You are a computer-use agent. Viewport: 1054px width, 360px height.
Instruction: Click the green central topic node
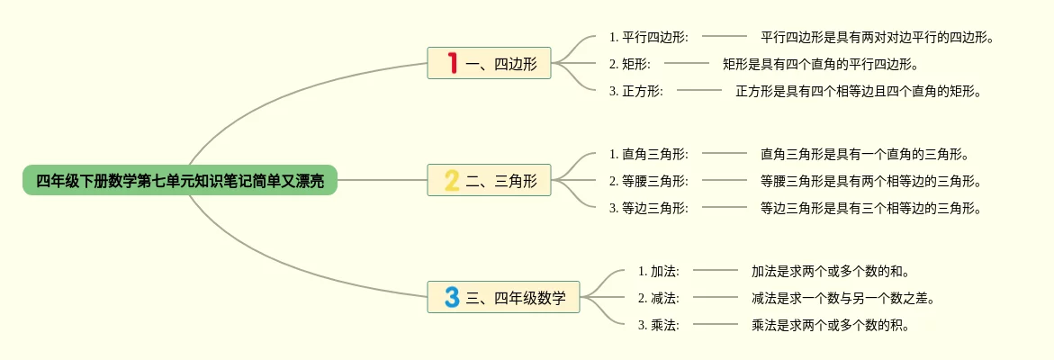pyautogui.click(x=180, y=180)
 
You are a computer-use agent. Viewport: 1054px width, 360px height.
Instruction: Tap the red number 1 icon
pyautogui.click(x=452, y=63)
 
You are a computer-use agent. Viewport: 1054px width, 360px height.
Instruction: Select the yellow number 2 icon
pyautogui.click(x=452, y=180)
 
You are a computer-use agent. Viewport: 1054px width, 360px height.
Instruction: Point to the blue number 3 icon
pyautogui.click(x=452, y=297)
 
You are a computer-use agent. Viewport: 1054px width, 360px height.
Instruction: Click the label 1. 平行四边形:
pyautogui.click(x=648, y=37)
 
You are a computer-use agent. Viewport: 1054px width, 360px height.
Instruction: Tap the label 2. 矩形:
pyautogui.click(x=629, y=64)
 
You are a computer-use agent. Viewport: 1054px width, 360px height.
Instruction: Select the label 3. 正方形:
pyautogui.click(x=635, y=91)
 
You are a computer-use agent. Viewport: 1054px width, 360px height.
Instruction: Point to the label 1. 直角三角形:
pyautogui.click(x=648, y=154)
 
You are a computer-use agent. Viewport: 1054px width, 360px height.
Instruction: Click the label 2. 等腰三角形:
pyautogui.click(x=648, y=181)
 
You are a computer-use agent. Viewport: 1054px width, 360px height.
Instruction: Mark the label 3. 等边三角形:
pyautogui.click(x=648, y=208)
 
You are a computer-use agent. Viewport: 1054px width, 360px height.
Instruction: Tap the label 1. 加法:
pyautogui.click(x=658, y=271)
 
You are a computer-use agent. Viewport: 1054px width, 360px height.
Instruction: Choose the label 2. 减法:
pyautogui.click(x=658, y=298)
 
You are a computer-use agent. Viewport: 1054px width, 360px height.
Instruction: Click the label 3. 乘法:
pyautogui.click(x=658, y=325)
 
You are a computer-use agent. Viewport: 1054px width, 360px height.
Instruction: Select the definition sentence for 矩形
pyautogui.click(x=820, y=64)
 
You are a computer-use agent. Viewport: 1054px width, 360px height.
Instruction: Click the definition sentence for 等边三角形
pyautogui.click(x=870, y=208)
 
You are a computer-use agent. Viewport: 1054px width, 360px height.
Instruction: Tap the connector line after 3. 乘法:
pyautogui.click(x=716, y=324)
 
